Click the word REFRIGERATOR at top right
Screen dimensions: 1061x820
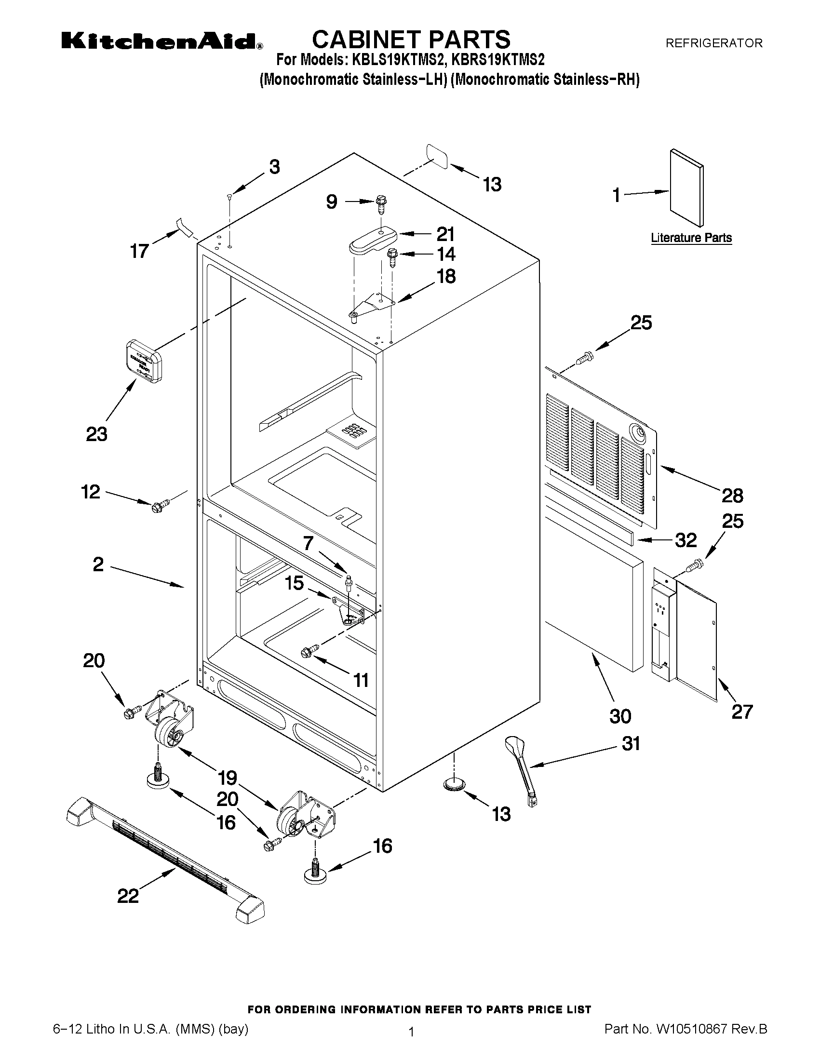pyautogui.click(x=713, y=43)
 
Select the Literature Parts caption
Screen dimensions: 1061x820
pyautogui.click(x=691, y=238)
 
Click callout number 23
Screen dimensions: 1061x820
pyautogui.click(x=96, y=434)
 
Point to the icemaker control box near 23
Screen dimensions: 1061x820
pyautogui.click(x=144, y=362)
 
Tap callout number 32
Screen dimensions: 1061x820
pyautogui.click(x=686, y=540)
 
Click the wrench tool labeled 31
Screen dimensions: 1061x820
pyautogui.click(x=522, y=770)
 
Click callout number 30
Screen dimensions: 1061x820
pyautogui.click(x=620, y=716)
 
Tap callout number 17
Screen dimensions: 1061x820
pyautogui.click(x=139, y=251)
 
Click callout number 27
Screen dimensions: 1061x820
pyautogui.click(x=742, y=712)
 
